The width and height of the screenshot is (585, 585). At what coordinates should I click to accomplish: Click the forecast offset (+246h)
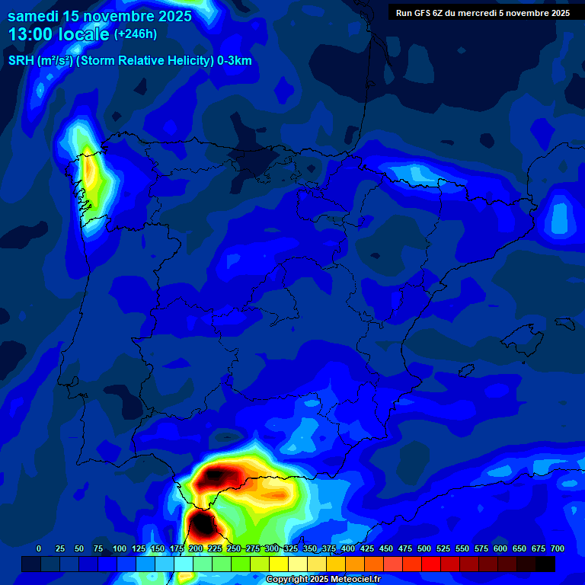135,34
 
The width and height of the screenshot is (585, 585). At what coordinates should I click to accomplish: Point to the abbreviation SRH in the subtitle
21,62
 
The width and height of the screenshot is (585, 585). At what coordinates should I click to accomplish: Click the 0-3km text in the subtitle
234,62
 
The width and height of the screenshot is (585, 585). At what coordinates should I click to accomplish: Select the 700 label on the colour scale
557,548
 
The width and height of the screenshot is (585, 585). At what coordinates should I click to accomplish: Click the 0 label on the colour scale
39,548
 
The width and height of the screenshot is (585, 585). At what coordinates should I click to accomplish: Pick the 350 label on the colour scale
310,548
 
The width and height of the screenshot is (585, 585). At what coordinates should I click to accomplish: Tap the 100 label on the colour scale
120,548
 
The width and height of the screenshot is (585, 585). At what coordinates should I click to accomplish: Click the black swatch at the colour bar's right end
545,564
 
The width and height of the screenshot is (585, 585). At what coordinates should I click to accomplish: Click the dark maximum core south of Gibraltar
203,525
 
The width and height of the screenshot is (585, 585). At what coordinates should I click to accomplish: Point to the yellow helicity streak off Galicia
91,174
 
